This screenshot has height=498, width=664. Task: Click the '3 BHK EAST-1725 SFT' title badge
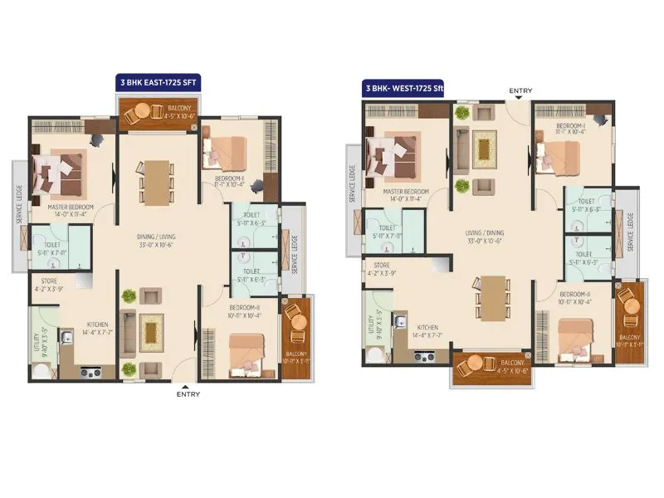[158, 84]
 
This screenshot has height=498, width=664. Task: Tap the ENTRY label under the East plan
[188, 394]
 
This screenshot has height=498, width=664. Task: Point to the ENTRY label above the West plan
[520, 90]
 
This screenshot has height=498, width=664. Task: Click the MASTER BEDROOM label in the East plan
[71, 207]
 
